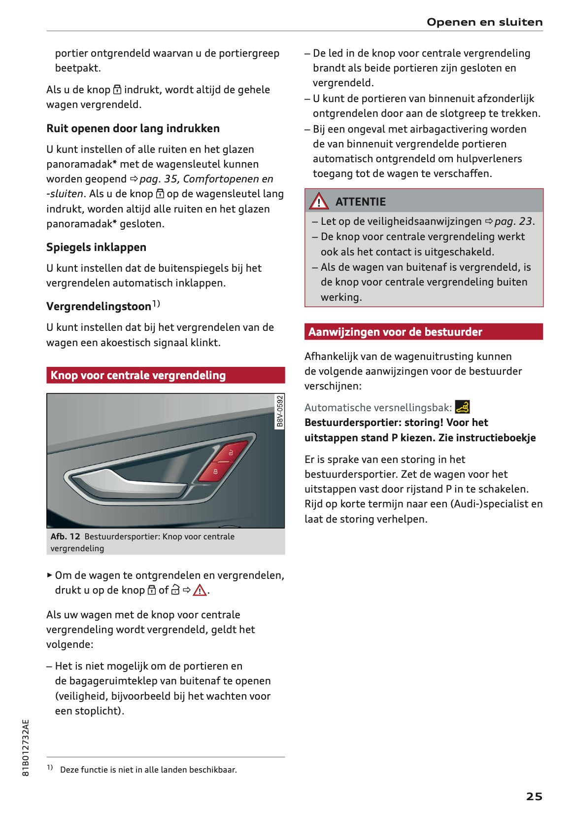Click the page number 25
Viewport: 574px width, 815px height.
pos(534,796)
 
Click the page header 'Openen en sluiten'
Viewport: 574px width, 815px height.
pos(484,22)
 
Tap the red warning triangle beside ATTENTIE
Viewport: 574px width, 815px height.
pos(319,202)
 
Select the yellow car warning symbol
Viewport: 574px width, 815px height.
pos(462,407)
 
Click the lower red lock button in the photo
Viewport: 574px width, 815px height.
pos(214,471)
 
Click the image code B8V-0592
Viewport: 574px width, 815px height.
pos(280,411)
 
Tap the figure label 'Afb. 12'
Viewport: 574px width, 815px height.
pos(65,536)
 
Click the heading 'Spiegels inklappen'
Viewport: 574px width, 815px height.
pos(96,247)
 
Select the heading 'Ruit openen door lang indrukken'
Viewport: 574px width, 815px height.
pos(133,128)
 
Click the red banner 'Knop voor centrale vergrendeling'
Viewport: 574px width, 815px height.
pos(166,375)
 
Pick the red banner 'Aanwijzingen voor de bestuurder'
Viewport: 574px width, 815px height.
pos(424,332)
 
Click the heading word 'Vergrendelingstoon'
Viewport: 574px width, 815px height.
pos(99,306)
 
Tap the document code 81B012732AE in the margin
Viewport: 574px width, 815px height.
pos(26,747)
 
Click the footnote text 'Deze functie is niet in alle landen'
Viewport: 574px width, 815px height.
pos(148,770)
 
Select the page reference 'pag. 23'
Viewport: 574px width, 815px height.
pos(513,221)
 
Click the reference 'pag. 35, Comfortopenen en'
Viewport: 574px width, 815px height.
pos(206,179)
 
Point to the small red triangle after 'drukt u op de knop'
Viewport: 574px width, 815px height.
pos(200,590)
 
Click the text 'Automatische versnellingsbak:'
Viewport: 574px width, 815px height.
pos(378,408)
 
